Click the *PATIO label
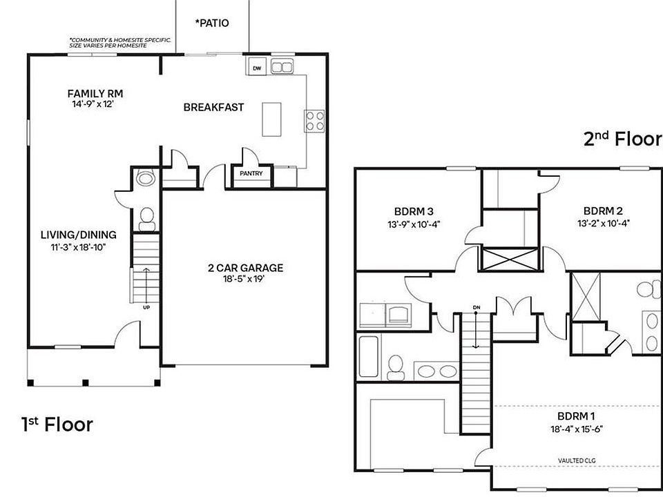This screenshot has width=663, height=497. [x=212, y=23]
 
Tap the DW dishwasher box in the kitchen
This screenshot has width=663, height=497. [x=257, y=68]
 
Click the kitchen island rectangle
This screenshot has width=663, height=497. [x=273, y=119]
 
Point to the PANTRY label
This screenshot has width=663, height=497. [x=251, y=174]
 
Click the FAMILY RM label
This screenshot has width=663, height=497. [x=95, y=93]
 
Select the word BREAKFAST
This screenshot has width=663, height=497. [x=213, y=107]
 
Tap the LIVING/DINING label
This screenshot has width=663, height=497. [x=78, y=235]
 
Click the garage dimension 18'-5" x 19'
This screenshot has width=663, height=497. [x=245, y=280]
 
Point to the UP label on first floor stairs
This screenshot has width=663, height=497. [x=146, y=307]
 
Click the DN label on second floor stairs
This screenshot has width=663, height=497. [x=476, y=308]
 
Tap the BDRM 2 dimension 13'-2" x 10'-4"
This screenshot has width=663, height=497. [x=604, y=223]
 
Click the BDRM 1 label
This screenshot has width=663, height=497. [x=575, y=416]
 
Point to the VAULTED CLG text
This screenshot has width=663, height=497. [x=577, y=460]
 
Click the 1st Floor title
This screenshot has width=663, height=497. [x=57, y=424]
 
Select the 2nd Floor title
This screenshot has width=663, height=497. [x=622, y=139]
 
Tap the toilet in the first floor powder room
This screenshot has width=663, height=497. [x=146, y=219]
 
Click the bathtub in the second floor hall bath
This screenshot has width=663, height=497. [x=368, y=356]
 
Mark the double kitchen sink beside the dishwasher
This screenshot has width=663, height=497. [x=281, y=67]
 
